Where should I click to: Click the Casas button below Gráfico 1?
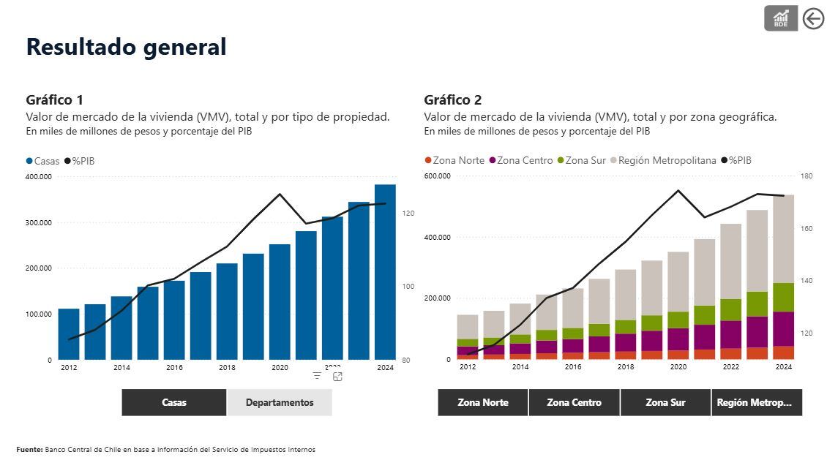pos(174,402)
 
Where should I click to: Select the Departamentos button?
pos(280,402)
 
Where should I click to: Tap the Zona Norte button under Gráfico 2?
pos(482,402)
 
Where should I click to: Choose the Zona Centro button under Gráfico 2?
pos(574,402)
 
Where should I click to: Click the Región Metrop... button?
pos(757,402)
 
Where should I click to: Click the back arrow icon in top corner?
pos(813,18)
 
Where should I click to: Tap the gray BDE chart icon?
pos(781,18)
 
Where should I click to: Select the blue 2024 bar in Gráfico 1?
pos(385,272)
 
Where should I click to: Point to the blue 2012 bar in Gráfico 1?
pos(69,334)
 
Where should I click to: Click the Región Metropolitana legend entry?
pos(663,160)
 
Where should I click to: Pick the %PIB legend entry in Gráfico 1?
pos(80,161)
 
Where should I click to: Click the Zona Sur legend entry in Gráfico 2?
pos(581,160)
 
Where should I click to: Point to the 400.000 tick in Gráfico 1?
pos(39,176)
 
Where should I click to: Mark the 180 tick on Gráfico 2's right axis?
pos(807,176)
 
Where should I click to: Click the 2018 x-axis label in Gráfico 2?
pos(626,366)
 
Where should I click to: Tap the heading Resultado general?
pos(127,47)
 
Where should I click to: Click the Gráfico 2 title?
pos(453,100)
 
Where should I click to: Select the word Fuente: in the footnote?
pos(29,450)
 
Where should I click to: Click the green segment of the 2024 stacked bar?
pos(783,297)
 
